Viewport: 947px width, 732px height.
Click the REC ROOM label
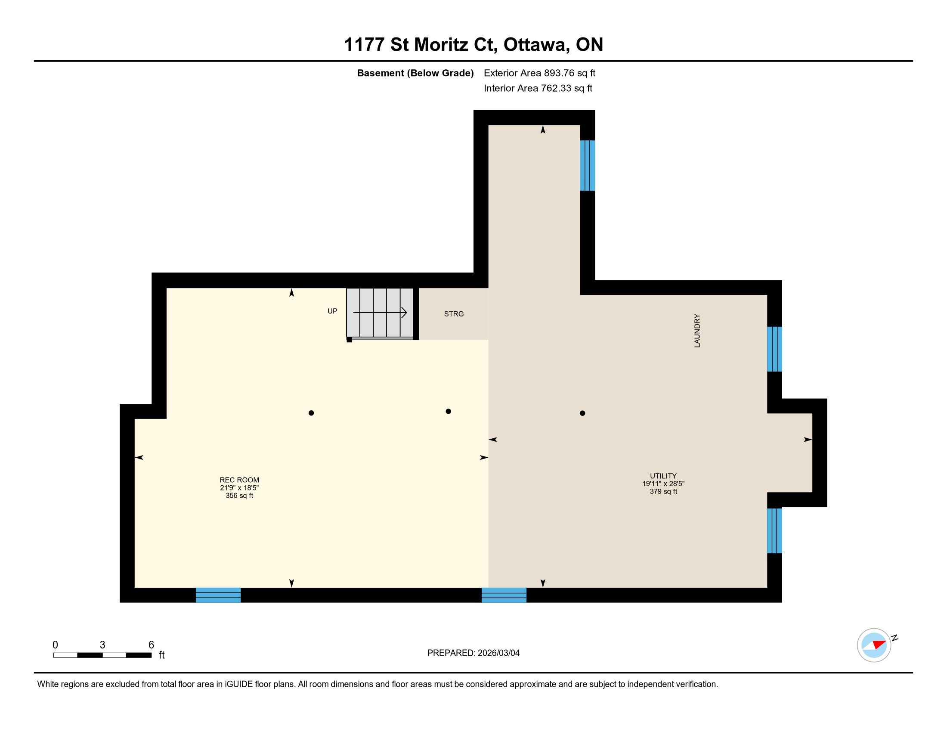pyautogui.click(x=239, y=480)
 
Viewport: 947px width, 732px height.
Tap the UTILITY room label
pyautogui.click(x=663, y=476)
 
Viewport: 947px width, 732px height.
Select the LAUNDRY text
pyautogui.click(x=697, y=331)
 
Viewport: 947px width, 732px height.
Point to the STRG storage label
pyautogui.click(x=454, y=314)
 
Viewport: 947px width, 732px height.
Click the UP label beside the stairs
pyautogui.click(x=332, y=311)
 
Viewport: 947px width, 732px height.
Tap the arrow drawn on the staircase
pyautogui.click(x=380, y=312)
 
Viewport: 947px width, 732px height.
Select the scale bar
pyautogui.click(x=102, y=655)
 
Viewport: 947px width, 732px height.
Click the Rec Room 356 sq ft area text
pyautogui.click(x=239, y=496)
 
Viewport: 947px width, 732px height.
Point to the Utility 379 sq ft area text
pyautogui.click(x=663, y=491)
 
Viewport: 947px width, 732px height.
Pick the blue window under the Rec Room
pyautogui.click(x=218, y=595)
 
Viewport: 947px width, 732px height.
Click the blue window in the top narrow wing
pyautogui.click(x=588, y=165)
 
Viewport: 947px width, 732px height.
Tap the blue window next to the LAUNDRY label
pyautogui.click(x=774, y=349)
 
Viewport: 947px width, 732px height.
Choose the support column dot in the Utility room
pyautogui.click(x=582, y=413)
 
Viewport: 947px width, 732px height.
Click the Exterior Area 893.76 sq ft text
pyautogui.click(x=539, y=73)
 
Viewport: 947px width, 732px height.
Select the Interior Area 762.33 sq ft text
pyautogui.click(x=538, y=88)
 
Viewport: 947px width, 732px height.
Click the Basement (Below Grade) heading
pyautogui.click(x=415, y=73)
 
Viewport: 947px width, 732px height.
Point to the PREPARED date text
pyautogui.click(x=473, y=653)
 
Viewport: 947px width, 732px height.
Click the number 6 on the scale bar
pyautogui.click(x=152, y=645)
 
